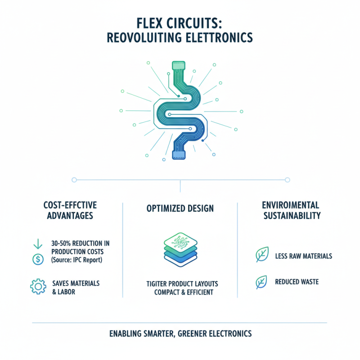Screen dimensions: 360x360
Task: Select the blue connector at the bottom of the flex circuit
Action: [x=179, y=155]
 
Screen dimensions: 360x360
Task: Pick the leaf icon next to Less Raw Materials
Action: [x=261, y=255]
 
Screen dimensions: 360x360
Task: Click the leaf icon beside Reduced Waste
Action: [x=261, y=282]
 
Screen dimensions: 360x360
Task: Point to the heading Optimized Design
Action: [x=180, y=209]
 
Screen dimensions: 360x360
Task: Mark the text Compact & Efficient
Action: [x=180, y=292]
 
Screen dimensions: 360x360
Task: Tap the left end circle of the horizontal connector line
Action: [x=74, y=180]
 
